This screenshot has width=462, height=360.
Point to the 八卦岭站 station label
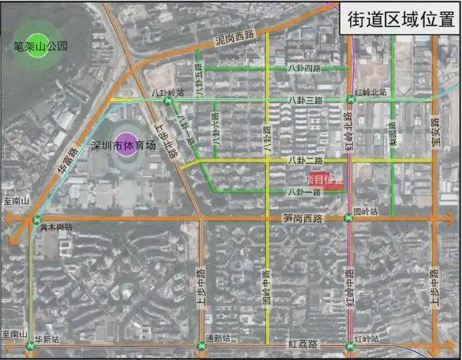[167, 92]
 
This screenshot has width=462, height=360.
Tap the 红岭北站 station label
[371, 92]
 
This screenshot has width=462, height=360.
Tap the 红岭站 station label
[368, 338]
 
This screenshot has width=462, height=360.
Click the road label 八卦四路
[303, 68]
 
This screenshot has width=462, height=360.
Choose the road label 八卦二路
[305, 160]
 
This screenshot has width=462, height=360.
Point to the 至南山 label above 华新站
[15, 335]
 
